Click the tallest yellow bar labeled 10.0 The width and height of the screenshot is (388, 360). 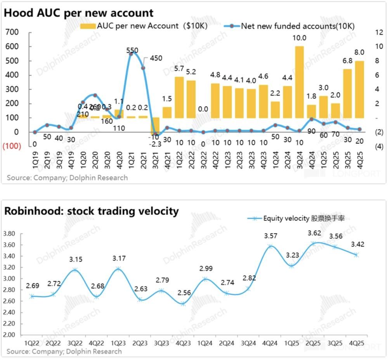[299, 82]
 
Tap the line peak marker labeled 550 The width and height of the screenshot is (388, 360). [131, 54]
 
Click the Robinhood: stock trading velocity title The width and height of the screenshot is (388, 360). [92, 211]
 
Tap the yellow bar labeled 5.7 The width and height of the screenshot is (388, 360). [179, 97]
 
